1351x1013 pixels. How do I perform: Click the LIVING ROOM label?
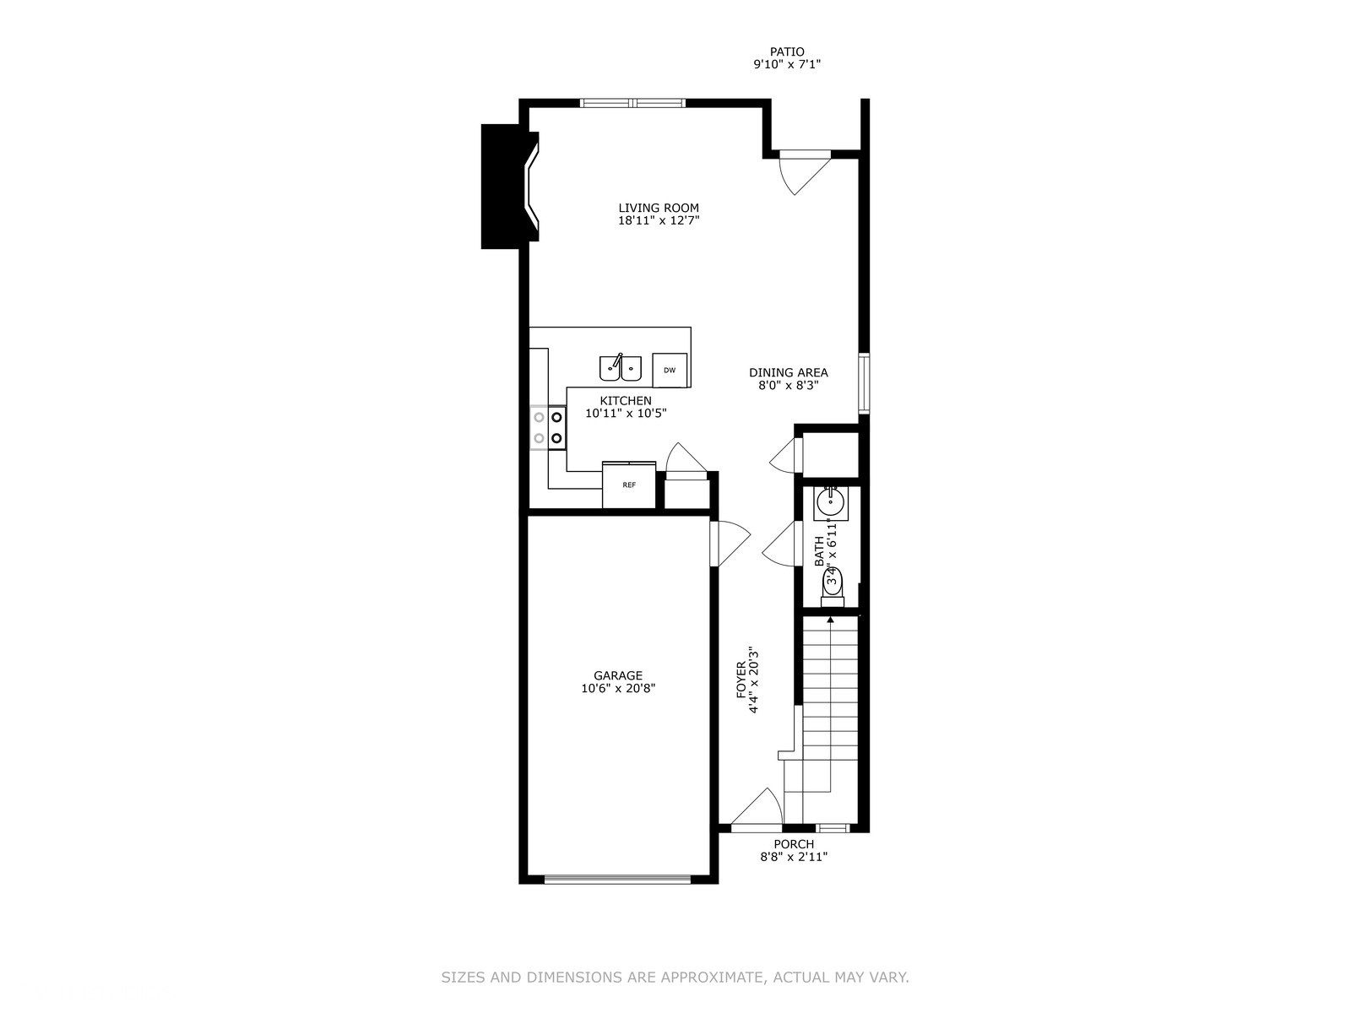659,208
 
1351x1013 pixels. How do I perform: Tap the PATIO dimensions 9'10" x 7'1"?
787,64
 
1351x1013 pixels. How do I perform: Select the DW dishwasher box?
670,370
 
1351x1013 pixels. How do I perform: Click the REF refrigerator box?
629,485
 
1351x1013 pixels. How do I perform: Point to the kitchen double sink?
621,368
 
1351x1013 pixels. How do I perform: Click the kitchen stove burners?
548,427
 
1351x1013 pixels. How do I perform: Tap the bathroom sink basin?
830,504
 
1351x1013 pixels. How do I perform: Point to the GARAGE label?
618,675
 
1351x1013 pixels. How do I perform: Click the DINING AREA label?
789,372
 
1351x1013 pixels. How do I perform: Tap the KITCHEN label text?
626,400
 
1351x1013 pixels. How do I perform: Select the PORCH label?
794,844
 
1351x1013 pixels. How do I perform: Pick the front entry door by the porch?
758,809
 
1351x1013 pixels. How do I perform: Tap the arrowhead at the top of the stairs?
831,621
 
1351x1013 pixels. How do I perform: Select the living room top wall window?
633,104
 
